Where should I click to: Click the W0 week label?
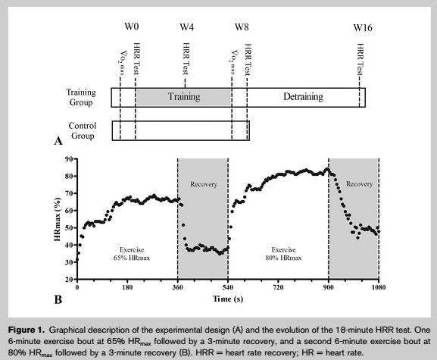(132, 27)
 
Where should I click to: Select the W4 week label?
(187, 27)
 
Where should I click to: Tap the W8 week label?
(242, 27)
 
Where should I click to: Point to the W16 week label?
(363, 27)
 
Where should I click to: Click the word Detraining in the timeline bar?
(303, 96)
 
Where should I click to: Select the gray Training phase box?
(184, 97)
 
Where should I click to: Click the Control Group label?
(83, 130)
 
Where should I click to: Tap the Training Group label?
(81, 97)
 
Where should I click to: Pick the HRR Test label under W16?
(360, 59)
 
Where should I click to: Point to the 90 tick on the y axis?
(69, 159)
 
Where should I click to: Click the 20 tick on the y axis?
(69, 279)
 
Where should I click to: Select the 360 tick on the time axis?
(178, 287)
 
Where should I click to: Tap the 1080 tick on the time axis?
(379, 287)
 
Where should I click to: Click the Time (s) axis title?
(228, 299)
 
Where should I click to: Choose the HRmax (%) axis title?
(58, 219)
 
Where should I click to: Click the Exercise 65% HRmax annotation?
(132, 254)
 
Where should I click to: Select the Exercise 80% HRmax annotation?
(283, 254)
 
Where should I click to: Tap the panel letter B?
(58, 300)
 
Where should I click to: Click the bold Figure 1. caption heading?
(27, 330)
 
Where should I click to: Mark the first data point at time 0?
(77, 260)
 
